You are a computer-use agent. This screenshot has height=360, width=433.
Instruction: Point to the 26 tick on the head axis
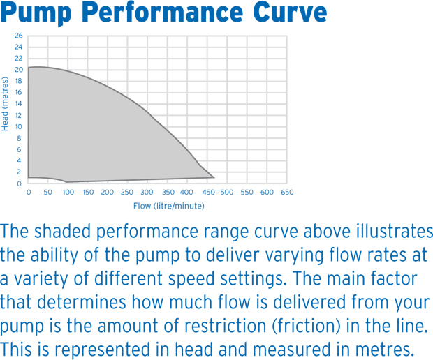[x=18, y=36]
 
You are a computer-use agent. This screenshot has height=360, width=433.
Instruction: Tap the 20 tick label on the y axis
[x=18, y=70]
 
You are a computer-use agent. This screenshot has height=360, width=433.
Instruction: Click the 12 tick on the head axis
[x=18, y=115]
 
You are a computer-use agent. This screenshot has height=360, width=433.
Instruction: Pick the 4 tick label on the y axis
[x=20, y=161]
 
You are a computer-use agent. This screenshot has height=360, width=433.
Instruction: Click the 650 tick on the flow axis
[x=286, y=192]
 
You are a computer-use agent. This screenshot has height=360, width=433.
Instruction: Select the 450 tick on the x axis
[x=207, y=192]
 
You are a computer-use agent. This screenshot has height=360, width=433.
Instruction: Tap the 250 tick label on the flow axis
[x=127, y=192]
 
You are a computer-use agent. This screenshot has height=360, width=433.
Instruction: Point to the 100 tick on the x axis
[x=68, y=192]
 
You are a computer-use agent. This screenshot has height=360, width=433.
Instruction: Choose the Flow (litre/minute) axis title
[x=168, y=206]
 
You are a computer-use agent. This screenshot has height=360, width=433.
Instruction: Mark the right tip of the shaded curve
[x=214, y=177]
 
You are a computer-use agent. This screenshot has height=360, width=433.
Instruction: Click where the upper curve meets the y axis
[x=29, y=68]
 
